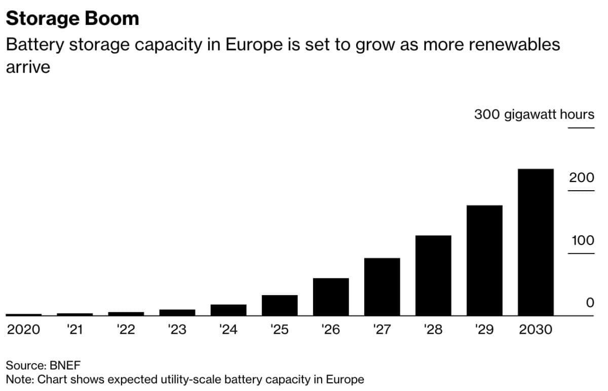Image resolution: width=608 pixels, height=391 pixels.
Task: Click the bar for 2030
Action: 536,242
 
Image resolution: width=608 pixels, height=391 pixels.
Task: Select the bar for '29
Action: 484,260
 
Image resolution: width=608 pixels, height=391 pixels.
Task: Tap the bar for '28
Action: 433,275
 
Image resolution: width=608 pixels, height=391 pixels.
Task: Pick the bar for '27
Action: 382,287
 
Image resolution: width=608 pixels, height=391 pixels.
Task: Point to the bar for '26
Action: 331,297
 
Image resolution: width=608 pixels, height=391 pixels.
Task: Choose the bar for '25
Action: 280,305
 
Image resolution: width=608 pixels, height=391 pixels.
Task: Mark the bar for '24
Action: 229,310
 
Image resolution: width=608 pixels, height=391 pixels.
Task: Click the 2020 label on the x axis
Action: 23,330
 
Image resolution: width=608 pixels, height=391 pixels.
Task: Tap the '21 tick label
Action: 74,330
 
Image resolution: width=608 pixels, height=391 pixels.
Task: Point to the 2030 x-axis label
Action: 536,330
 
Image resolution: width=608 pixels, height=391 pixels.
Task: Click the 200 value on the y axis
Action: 581,177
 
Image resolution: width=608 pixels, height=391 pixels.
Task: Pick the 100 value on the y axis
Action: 582,240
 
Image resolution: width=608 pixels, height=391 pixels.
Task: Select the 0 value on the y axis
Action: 589,303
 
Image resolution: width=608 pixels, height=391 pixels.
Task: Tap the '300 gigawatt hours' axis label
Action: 534,114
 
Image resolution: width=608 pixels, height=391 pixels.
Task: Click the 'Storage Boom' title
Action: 72,19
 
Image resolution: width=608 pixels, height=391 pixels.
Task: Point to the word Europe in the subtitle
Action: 253,45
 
